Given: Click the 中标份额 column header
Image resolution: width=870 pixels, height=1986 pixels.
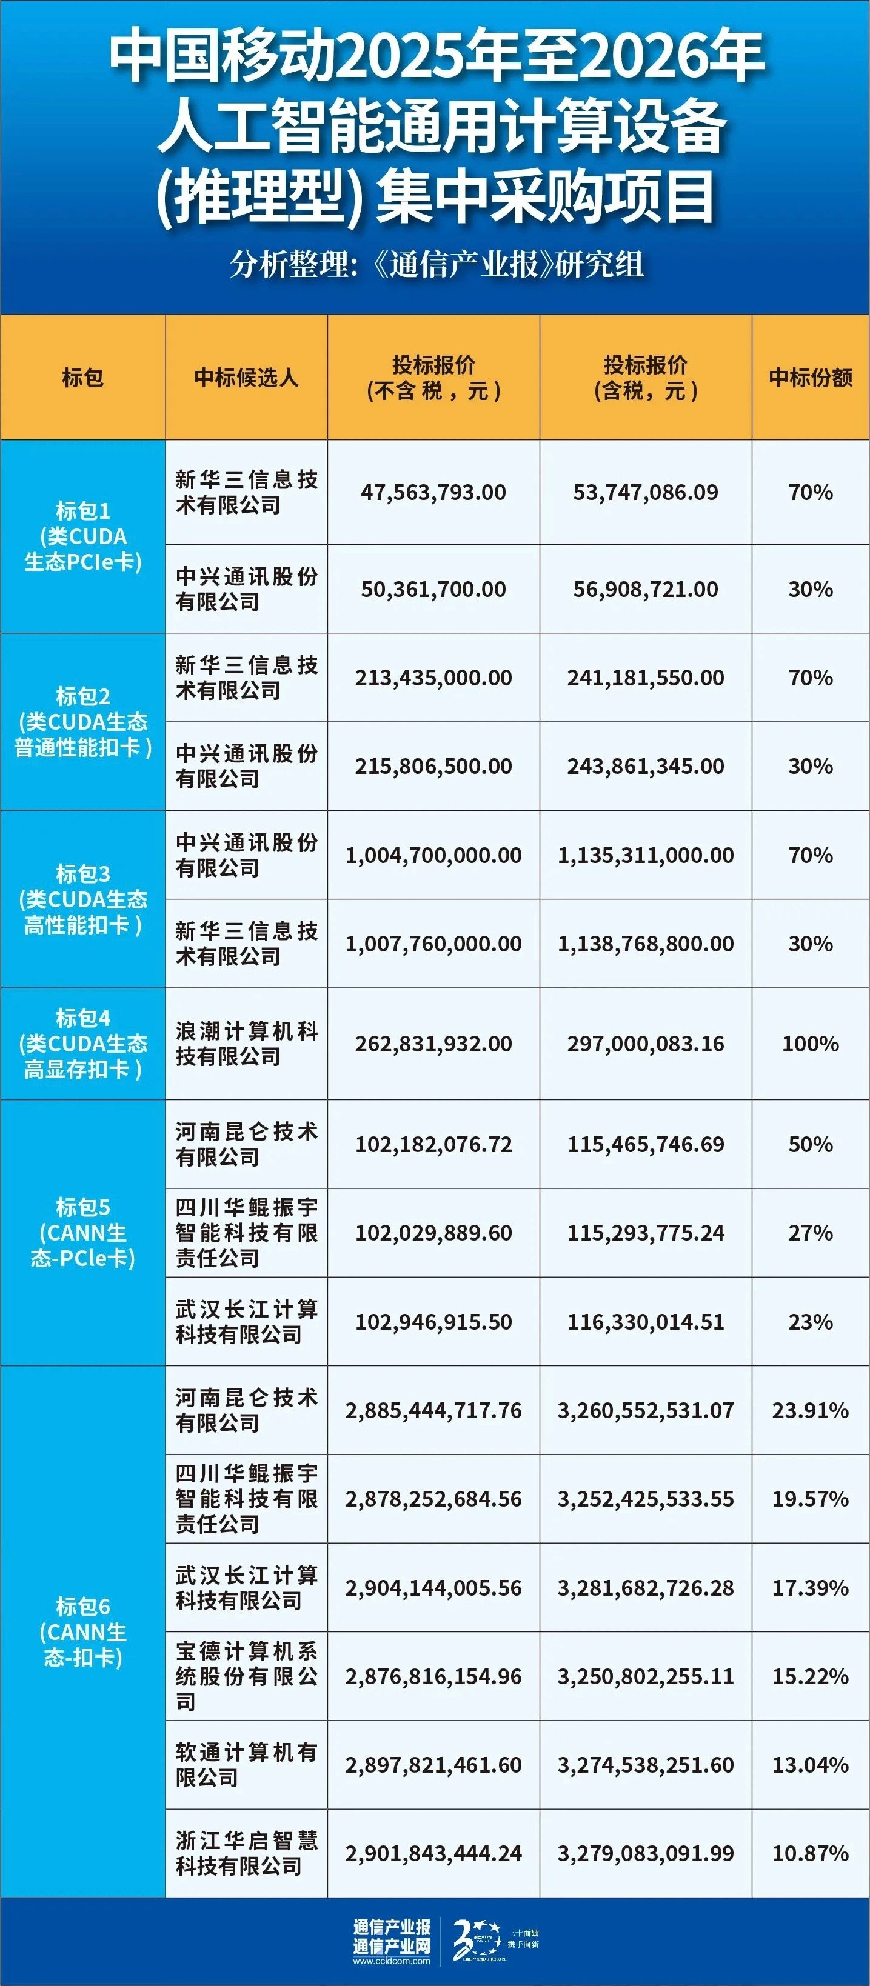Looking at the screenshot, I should point(810,377).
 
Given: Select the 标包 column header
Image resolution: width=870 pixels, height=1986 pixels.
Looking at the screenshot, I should point(82,377).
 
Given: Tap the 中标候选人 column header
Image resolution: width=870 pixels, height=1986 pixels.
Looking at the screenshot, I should point(246,377).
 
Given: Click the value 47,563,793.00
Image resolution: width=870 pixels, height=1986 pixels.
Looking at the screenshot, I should point(433,492).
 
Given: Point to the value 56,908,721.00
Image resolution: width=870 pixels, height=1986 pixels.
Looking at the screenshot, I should point(646,589).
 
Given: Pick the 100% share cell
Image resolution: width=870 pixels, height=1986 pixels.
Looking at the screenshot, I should point(810,1043).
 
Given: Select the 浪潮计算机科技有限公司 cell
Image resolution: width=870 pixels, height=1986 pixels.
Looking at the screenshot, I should point(246,1043).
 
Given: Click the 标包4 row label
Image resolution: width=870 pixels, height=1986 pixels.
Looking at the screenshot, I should point(82,1043).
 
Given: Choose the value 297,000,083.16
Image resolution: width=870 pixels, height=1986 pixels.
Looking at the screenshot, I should point(646,1043).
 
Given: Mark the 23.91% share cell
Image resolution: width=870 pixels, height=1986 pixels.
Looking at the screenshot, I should point(810,1410).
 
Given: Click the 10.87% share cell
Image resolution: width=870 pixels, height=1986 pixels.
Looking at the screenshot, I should point(810,1853).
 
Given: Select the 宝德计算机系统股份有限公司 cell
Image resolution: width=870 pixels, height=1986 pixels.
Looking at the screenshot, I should point(246,1676).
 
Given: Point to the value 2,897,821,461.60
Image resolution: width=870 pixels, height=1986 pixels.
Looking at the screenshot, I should point(433,1765).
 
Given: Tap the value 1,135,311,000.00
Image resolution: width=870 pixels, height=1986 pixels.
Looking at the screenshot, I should point(646,855).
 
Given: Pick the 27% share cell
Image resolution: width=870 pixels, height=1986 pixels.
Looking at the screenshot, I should point(810,1232).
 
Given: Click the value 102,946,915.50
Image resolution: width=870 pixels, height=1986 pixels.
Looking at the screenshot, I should point(433,1321).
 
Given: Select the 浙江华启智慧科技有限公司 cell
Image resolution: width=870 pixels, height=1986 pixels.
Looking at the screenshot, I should point(246,1853).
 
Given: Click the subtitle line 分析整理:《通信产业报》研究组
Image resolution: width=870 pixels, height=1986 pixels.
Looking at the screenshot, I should point(436,264).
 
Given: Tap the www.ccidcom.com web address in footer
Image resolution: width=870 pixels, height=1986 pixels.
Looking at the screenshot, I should point(392,1961).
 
